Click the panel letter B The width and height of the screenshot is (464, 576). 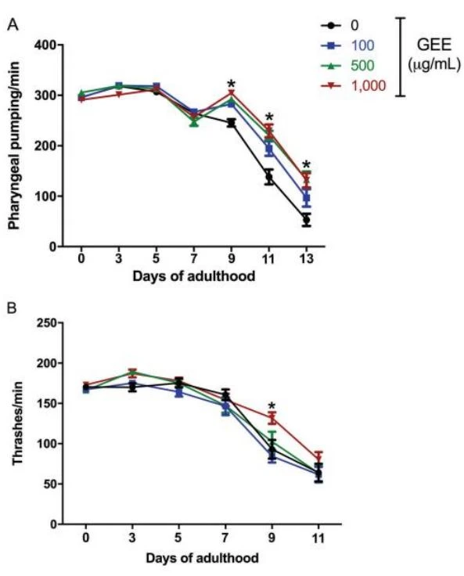[12, 308]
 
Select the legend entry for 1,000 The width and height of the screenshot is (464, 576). [353, 85]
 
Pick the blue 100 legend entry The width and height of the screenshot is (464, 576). [347, 45]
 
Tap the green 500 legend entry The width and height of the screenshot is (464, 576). [347, 66]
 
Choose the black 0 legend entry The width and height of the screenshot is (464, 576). [340, 25]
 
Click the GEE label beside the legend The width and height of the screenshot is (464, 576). [434, 45]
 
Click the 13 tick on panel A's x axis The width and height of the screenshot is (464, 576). [307, 258]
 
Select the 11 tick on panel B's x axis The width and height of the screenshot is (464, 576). [318, 538]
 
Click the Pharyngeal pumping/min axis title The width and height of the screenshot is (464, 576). [14, 145]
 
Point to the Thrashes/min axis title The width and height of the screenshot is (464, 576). [17, 423]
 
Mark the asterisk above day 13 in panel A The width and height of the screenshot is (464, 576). [307, 165]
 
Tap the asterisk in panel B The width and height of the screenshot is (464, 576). [272, 406]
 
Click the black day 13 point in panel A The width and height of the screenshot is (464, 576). [307, 220]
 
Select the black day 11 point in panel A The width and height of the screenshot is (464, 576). [269, 178]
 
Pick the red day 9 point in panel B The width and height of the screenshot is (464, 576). [272, 417]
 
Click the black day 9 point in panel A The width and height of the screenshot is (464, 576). [231, 123]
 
